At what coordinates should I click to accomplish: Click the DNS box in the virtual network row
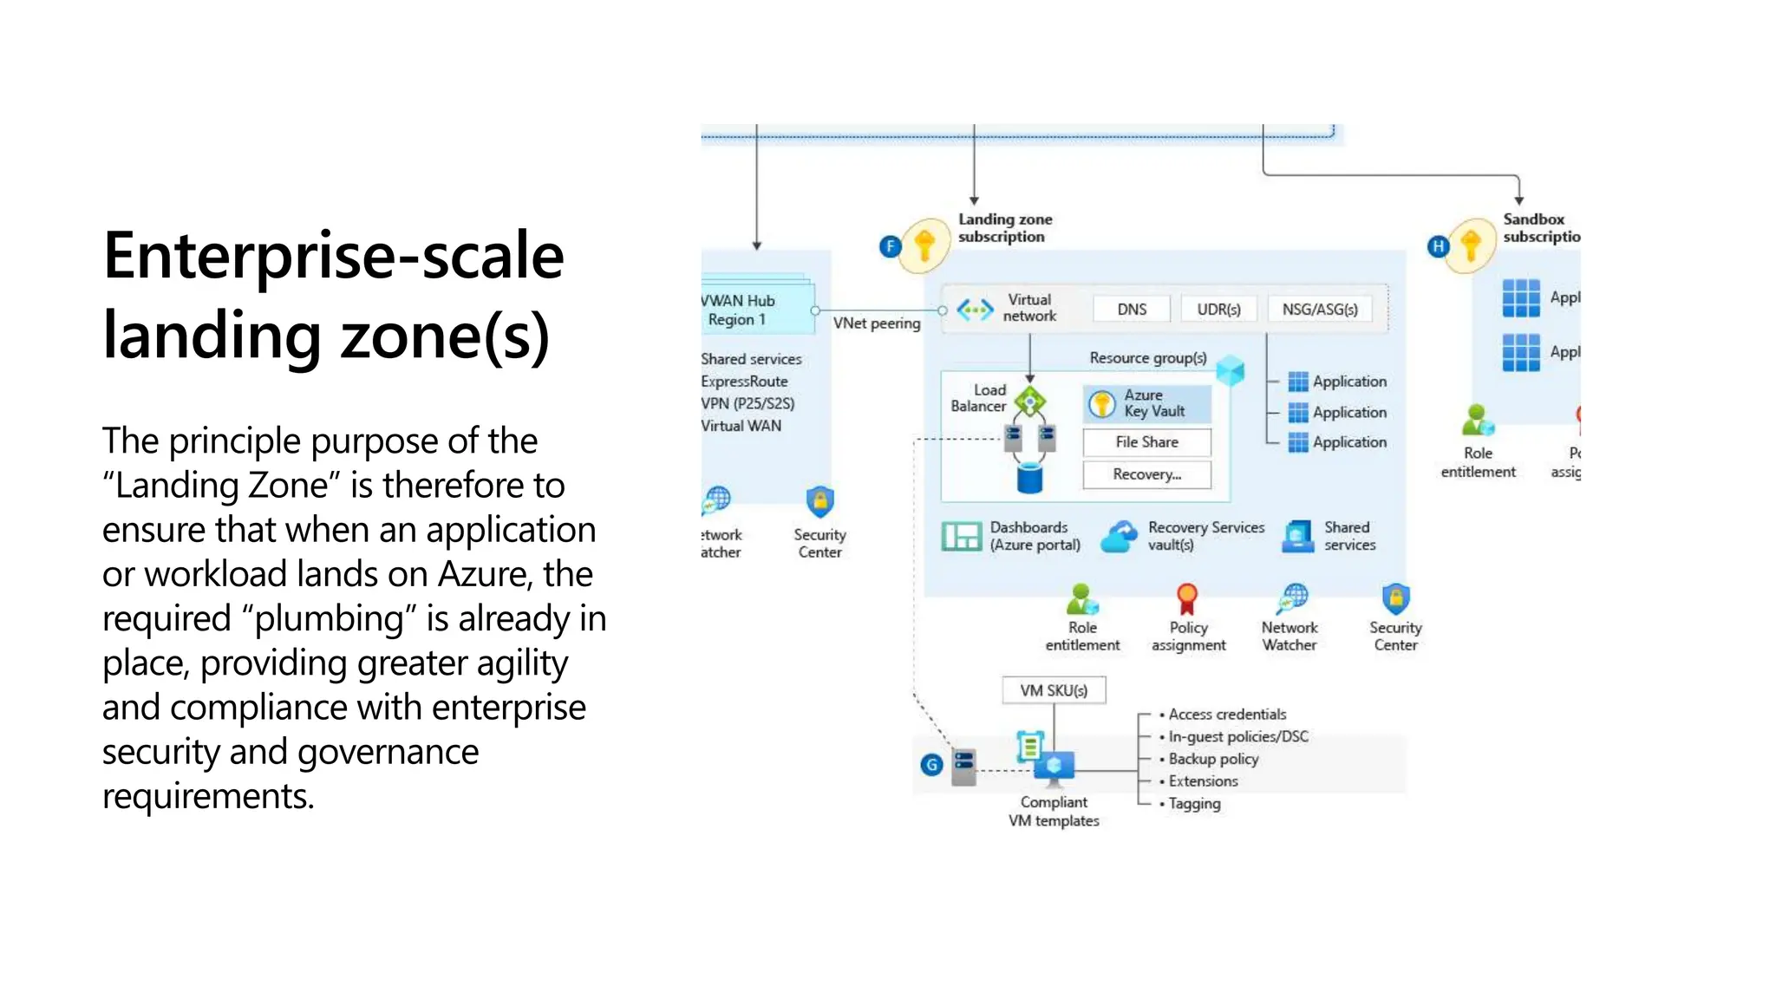(1131, 310)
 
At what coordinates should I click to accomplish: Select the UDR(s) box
(1218, 310)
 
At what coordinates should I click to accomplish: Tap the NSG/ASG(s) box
(1319, 310)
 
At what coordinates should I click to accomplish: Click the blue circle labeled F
(890, 246)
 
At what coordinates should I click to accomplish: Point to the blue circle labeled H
(1438, 246)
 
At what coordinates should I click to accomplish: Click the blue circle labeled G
(931, 765)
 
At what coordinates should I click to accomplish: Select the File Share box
(1146, 442)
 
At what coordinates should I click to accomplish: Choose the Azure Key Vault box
(1146, 403)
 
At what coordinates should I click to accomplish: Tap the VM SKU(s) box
(1054, 690)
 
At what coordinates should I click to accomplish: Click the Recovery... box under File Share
(1146, 474)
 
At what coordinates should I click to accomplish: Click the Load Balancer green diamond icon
(1030, 402)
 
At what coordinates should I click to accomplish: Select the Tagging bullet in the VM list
(1194, 804)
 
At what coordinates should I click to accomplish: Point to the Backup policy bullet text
(1213, 759)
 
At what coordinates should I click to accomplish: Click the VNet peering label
(877, 323)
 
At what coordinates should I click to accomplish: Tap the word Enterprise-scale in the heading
(333, 256)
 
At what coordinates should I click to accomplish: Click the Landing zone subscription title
(1004, 228)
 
